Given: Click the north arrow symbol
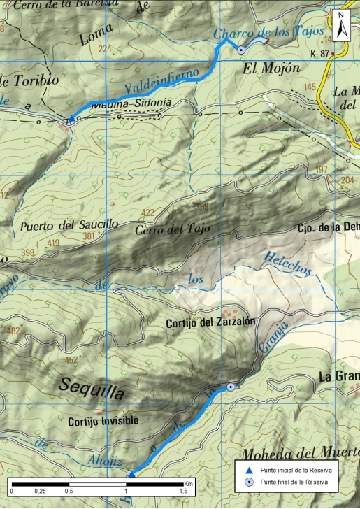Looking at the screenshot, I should (x=341, y=26).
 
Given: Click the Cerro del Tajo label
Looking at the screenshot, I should (x=173, y=229).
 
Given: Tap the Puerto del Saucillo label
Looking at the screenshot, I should (x=69, y=226).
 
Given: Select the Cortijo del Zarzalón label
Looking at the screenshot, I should (x=208, y=323).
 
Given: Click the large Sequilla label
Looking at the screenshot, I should (x=92, y=388).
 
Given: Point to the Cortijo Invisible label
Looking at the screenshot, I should (x=103, y=421).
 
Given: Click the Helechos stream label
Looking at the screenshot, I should (x=287, y=260).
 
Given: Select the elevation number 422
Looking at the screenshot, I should (x=147, y=213).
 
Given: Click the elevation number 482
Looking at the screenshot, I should (x=13, y=330).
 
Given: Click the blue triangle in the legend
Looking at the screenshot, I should (x=248, y=471).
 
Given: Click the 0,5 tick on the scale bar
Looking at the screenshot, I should (x=69, y=492).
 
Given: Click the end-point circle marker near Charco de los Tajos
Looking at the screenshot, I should (x=241, y=50).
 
